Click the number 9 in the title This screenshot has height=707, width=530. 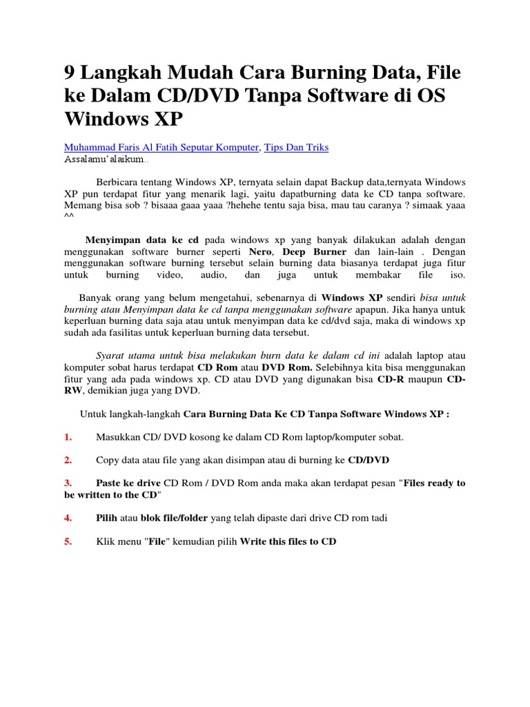[x=70, y=73]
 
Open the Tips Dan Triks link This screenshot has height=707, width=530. [x=298, y=147]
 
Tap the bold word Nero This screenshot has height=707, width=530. [x=259, y=252]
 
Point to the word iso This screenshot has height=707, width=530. [x=458, y=275]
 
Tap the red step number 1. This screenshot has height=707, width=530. [x=68, y=437]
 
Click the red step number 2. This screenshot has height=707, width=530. [x=68, y=460]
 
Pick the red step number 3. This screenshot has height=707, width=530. [x=68, y=483]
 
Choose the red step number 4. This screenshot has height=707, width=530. [x=68, y=518]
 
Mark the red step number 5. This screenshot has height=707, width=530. [x=68, y=541]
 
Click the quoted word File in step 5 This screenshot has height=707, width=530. [x=158, y=541]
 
